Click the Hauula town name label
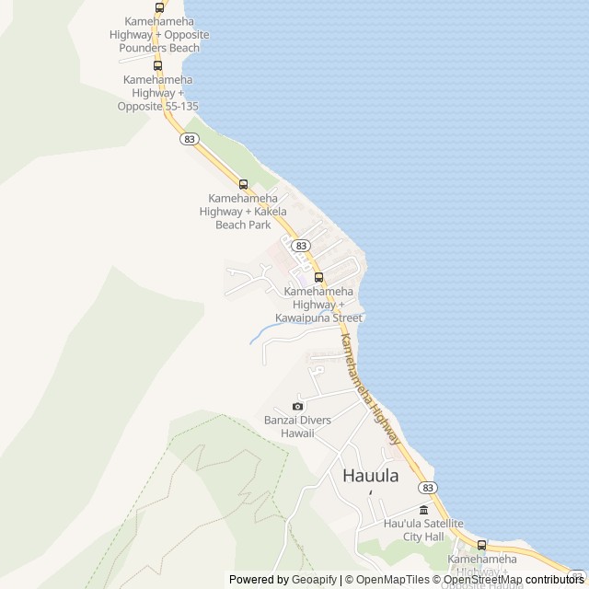[371, 477]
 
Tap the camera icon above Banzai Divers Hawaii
[297, 407]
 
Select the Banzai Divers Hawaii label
[289, 426]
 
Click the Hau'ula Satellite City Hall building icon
[423, 511]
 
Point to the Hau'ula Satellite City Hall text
[423, 529]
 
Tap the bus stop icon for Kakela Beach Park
[244, 184]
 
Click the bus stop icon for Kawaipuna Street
[318, 277]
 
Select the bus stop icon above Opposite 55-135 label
[157, 65]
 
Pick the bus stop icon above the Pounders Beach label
[160, 7]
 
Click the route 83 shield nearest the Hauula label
[427, 487]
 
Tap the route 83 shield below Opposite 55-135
[191, 139]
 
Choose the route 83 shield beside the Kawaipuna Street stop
[301, 246]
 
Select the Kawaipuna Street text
[318, 318]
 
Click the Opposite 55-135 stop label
[157, 106]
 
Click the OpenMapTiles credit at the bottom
[392, 580]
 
